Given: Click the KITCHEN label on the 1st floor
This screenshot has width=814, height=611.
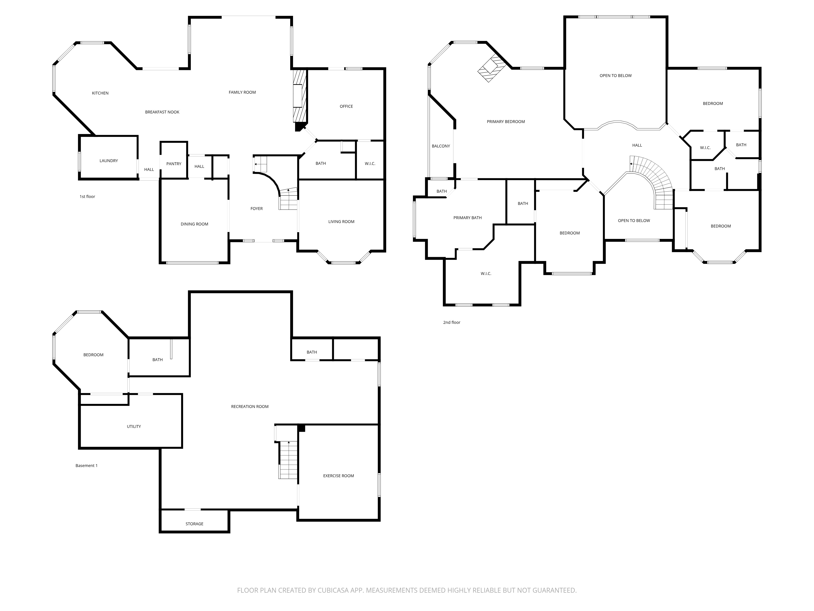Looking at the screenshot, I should click(100, 93).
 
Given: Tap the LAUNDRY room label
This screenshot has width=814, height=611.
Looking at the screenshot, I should click(108, 160).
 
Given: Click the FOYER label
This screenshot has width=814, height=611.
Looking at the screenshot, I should click(256, 209).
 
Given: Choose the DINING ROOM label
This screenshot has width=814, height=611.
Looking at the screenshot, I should click(194, 224).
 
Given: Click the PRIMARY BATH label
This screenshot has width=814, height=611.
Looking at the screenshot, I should click(467, 218).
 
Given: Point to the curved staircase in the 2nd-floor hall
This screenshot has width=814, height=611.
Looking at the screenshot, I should click(657, 180).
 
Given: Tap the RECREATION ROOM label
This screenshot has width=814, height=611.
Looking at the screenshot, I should click(249, 407).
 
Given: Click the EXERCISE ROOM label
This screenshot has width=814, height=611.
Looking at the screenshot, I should click(338, 476).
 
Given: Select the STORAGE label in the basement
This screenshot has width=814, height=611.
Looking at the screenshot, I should click(194, 524).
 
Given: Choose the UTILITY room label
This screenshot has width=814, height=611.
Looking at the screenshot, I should click(133, 426).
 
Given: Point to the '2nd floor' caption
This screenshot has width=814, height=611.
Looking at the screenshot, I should click(452, 322).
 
